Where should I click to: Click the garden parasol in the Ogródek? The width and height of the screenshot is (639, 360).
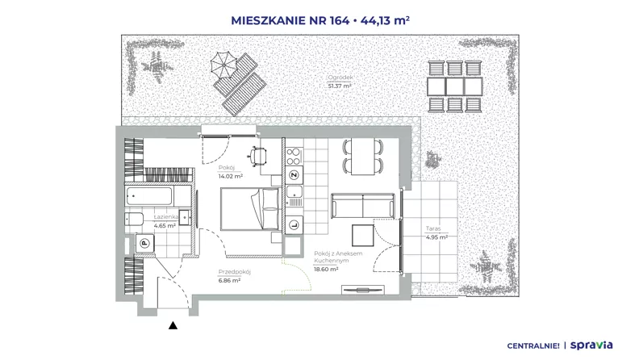tap(223, 65)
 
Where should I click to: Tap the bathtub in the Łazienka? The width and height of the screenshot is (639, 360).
tap(149, 196)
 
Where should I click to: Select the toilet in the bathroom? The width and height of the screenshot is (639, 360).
tap(134, 219)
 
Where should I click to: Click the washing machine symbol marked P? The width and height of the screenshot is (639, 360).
tap(144, 244)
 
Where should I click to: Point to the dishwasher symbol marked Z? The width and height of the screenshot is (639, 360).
tap(294, 175)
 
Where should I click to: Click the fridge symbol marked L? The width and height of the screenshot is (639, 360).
tap(294, 224)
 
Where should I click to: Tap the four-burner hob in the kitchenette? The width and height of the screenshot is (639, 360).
tap(294, 157)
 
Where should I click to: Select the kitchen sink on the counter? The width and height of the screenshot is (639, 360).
tap(294, 195)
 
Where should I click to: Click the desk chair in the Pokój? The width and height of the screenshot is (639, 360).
tap(258, 156)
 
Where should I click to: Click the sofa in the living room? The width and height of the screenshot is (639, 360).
tap(363, 206)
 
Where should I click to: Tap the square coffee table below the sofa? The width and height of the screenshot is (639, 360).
tap(363, 235)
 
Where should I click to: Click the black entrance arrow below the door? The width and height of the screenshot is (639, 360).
tap(173, 325)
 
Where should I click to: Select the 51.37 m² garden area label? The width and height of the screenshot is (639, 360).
tap(340, 86)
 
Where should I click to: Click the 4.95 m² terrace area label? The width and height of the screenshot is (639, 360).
tap(436, 237)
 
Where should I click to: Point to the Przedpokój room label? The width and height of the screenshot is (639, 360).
tap(234, 272)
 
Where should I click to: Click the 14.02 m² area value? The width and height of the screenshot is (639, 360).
tap(230, 177)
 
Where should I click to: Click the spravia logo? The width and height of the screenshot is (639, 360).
tap(591, 345)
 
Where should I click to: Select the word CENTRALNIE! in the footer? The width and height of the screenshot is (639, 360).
tap(533, 346)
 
